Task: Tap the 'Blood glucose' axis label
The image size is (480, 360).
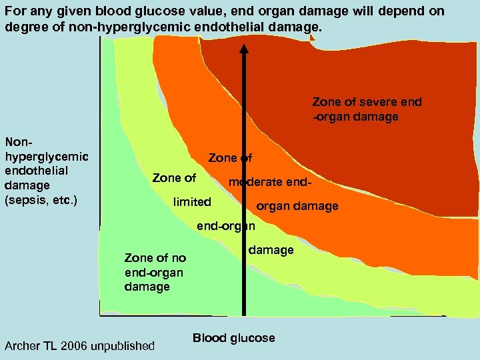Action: tap(233, 338)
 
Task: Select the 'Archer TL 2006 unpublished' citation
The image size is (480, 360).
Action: tap(79, 345)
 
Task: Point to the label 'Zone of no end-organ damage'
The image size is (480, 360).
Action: tap(155, 272)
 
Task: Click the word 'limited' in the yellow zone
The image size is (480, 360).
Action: tap(192, 202)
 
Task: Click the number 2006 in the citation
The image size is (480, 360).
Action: tap(84, 345)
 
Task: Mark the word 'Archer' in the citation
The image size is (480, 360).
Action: tap(23, 345)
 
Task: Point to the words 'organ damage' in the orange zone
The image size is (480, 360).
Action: tap(297, 206)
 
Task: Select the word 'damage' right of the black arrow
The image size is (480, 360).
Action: tap(271, 250)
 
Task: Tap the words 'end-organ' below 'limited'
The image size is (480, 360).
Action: tap(225, 225)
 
